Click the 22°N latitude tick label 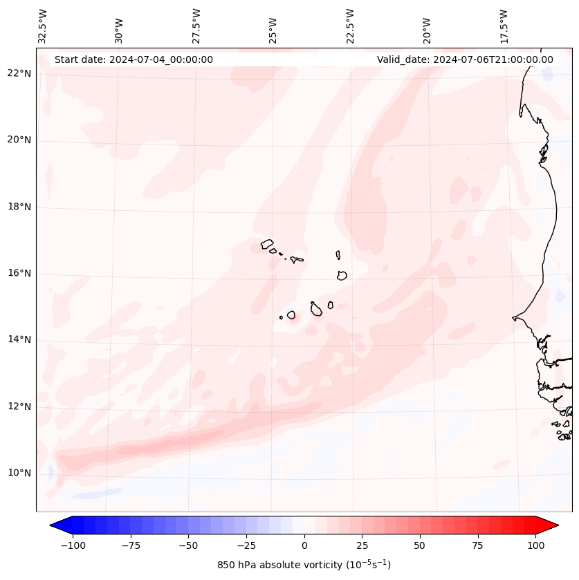(x=19, y=74)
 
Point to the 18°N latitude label (x=19, y=207)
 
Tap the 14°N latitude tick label (x=19, y=339)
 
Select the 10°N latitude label (x=19, y=473)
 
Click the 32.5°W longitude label (x=44, y=26)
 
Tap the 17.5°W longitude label (x=504, y=26)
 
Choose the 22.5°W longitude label (x=351, y=26)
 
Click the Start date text (x=134, y=59)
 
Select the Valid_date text (x=465, y=59)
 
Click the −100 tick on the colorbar (x=73, y=545)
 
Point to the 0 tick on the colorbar (x=304, y=545)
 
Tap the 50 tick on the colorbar (x=420, y=545)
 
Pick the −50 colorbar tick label (x=188, y=545)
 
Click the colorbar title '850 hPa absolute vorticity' (x=304, y=565)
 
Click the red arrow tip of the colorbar (x=552, y=525)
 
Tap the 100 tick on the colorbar (x=535, y=545)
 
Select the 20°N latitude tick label (x=19, y=140)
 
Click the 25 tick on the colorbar (x=362, y=545)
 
